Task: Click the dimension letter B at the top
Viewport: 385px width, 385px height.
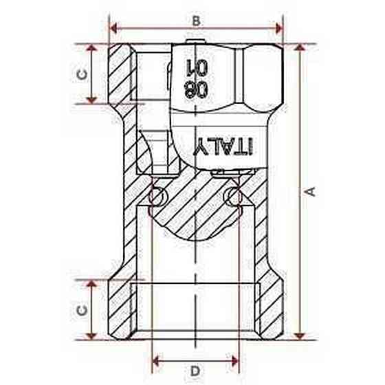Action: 196,21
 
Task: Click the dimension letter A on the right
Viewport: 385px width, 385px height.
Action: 311,192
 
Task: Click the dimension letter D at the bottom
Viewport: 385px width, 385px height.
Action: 195,371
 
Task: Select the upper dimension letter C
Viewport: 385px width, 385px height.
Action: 82,74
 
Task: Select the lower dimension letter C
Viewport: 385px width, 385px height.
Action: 82,310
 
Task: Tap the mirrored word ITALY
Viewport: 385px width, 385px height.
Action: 223,146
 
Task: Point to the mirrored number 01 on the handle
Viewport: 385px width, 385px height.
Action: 197,67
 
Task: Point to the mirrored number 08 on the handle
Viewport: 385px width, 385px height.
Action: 196,89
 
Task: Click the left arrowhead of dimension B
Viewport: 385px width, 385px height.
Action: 113,28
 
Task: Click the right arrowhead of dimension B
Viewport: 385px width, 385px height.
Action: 279,28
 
